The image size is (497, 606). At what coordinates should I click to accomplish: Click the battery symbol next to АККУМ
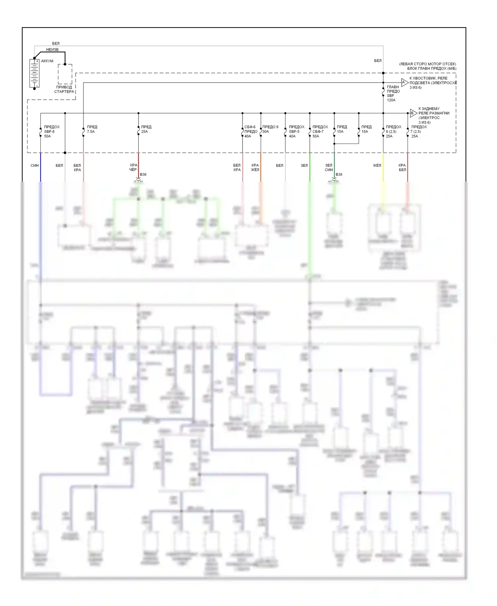click(34, 74)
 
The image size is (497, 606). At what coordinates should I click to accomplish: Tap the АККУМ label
click(47, 61)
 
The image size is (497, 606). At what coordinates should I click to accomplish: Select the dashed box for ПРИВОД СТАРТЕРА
click(65, 74)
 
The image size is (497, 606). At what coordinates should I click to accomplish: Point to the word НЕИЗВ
click(52, 50)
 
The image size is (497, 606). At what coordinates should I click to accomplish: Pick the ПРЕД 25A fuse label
click(146, 129)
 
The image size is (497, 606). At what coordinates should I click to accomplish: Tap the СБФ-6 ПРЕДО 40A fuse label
click(251, 132)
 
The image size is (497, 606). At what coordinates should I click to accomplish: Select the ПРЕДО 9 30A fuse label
click(270, 129)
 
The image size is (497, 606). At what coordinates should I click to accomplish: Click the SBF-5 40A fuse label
click(296, 132)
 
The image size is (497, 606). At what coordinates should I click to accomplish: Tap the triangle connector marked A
click(404, 83)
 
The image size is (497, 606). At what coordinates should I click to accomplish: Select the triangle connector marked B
click(413, 113)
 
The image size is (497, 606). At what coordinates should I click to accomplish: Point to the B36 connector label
click(143, 174)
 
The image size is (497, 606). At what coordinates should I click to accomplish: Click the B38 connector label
click(339, 174)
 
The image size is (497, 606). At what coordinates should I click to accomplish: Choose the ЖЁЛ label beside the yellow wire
click(377, 165)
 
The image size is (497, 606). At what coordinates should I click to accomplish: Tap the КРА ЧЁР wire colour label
click(133, 167)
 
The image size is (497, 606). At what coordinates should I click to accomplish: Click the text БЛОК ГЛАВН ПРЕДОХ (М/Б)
click(431, 69)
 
